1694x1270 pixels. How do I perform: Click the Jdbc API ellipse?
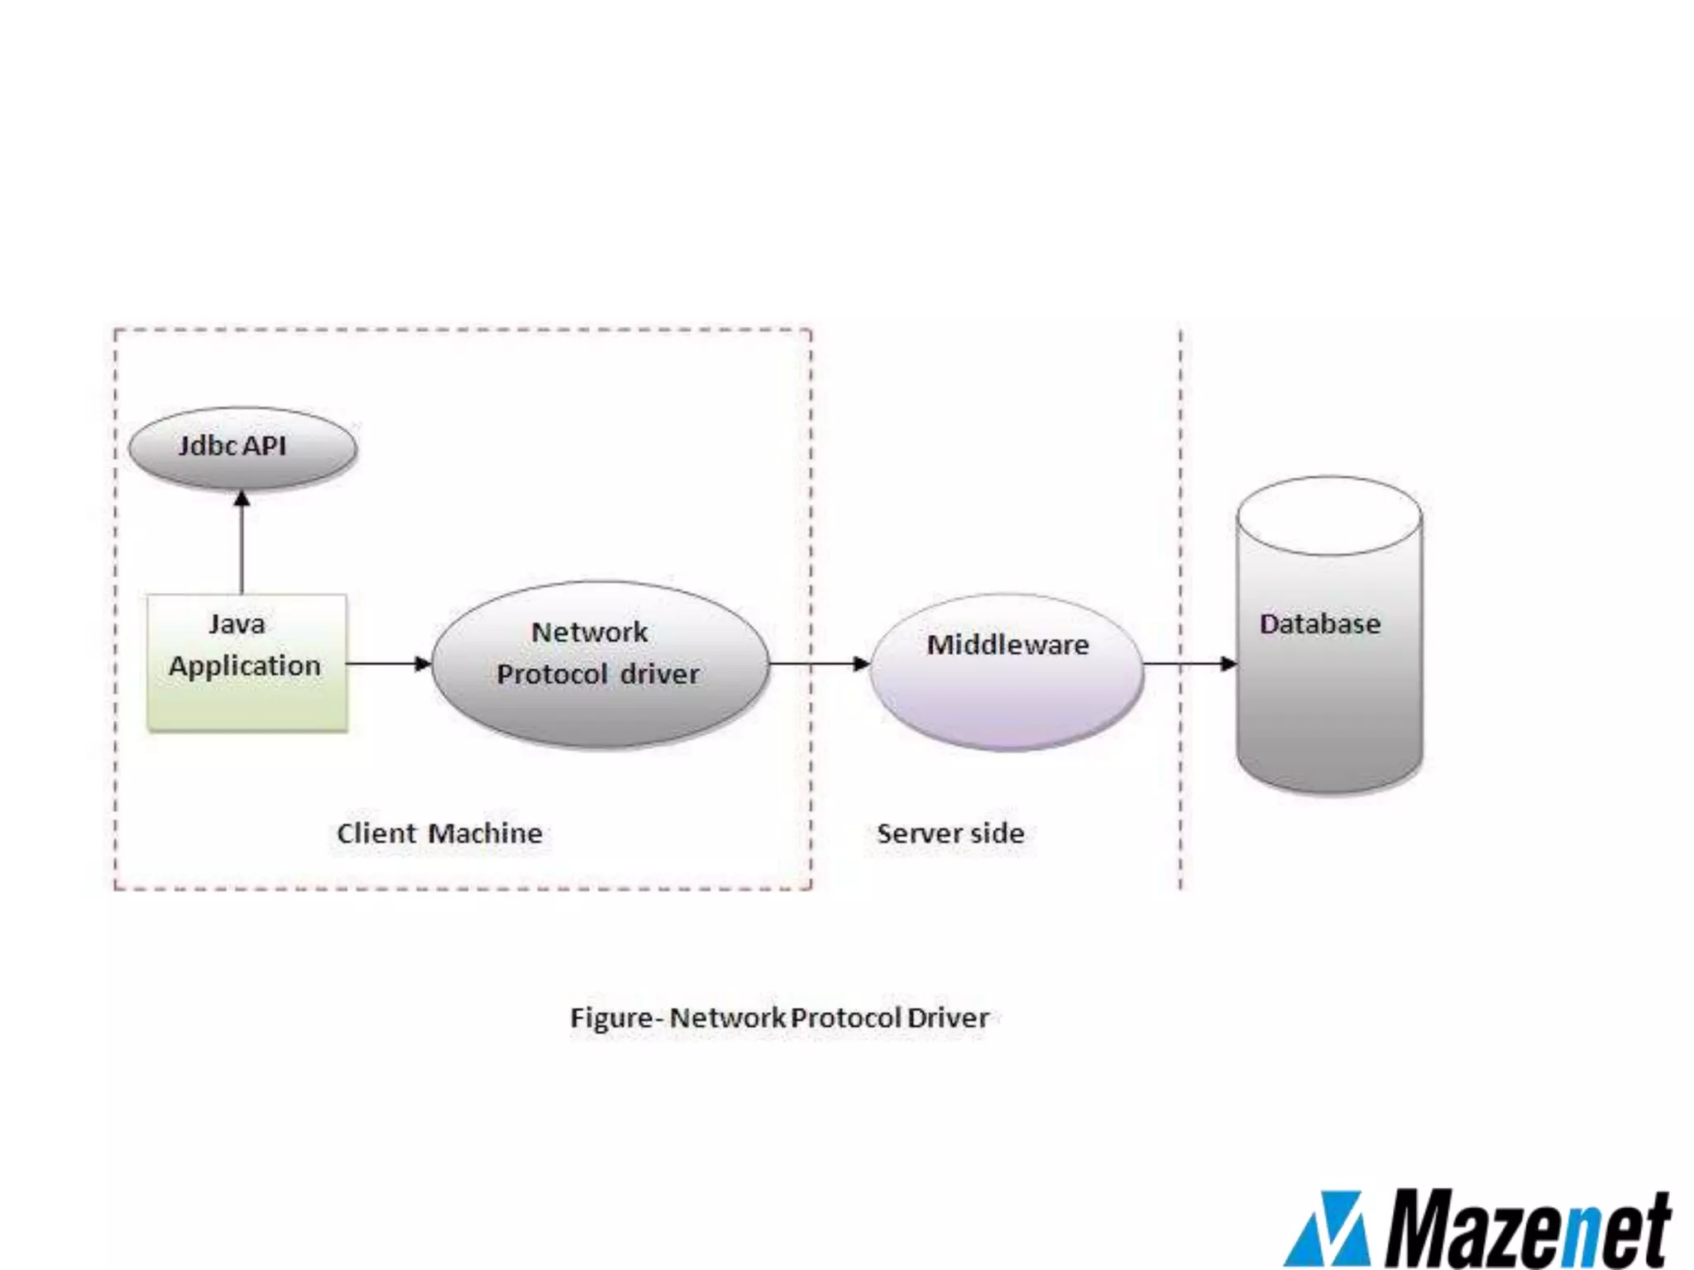[x=242, y=447]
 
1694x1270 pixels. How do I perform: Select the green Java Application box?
[x=246, y=663]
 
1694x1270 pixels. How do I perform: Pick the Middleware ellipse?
[x=1007, y=671]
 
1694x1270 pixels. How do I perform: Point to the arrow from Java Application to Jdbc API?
[x=242, y=542]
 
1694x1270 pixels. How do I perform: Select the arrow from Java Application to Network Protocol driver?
[x=387, y=663]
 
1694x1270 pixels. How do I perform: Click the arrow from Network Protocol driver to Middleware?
[x=819, y=663]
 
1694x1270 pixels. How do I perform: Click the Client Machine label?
[x=439, y=833]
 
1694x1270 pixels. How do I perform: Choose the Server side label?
[x=950, y=833]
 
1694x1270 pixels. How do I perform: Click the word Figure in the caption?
[x=610, y=1018]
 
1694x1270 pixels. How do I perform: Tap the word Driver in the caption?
[x=948, y=1018]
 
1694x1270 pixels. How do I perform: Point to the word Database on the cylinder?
[x=1320, y=624]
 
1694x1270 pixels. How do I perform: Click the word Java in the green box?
[x=237, y=624]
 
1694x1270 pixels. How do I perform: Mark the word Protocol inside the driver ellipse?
[x=553, y=675]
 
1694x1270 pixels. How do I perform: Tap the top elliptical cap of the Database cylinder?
[x=1328, y=516]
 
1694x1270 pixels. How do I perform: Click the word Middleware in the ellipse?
[x=1007, y=645]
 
